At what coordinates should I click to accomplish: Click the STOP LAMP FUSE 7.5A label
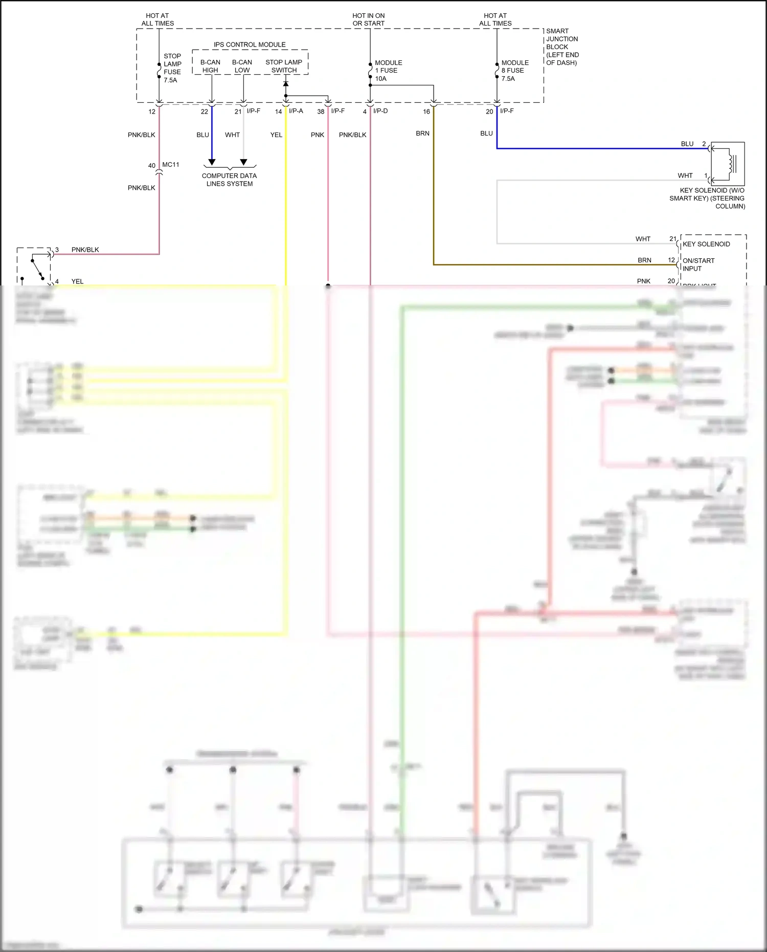tap(172, 68)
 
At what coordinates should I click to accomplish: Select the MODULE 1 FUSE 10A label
tap(388, 71)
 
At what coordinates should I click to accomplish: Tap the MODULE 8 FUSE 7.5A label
tap(514, 71)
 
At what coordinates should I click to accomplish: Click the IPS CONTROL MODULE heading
tap(250, 45)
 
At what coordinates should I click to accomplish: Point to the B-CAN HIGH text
tap(210, 66)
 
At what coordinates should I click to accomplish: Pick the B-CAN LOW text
tap(242, 66)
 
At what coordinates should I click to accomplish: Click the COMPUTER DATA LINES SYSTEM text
tap(229, 180)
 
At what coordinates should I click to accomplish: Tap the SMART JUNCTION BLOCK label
tap(562, 47)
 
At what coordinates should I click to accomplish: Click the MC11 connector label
tap(171, 165)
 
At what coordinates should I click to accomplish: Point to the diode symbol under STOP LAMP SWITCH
tap(286, 83)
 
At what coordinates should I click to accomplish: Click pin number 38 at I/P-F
tap(321, 112)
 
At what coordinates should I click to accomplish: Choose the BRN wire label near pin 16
tap(422, 134)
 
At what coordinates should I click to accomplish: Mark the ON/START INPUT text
tap(698, 264)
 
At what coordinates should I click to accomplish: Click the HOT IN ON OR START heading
tap(368, 19)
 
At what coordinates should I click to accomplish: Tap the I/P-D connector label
tap(380, 111)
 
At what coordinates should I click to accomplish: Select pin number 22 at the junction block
tap(205, 112)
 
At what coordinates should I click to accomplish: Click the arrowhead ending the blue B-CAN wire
tap(212, 162)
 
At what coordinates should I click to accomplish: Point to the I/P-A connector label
tap(296, 111)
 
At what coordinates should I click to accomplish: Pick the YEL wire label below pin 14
tap(276, 135)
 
